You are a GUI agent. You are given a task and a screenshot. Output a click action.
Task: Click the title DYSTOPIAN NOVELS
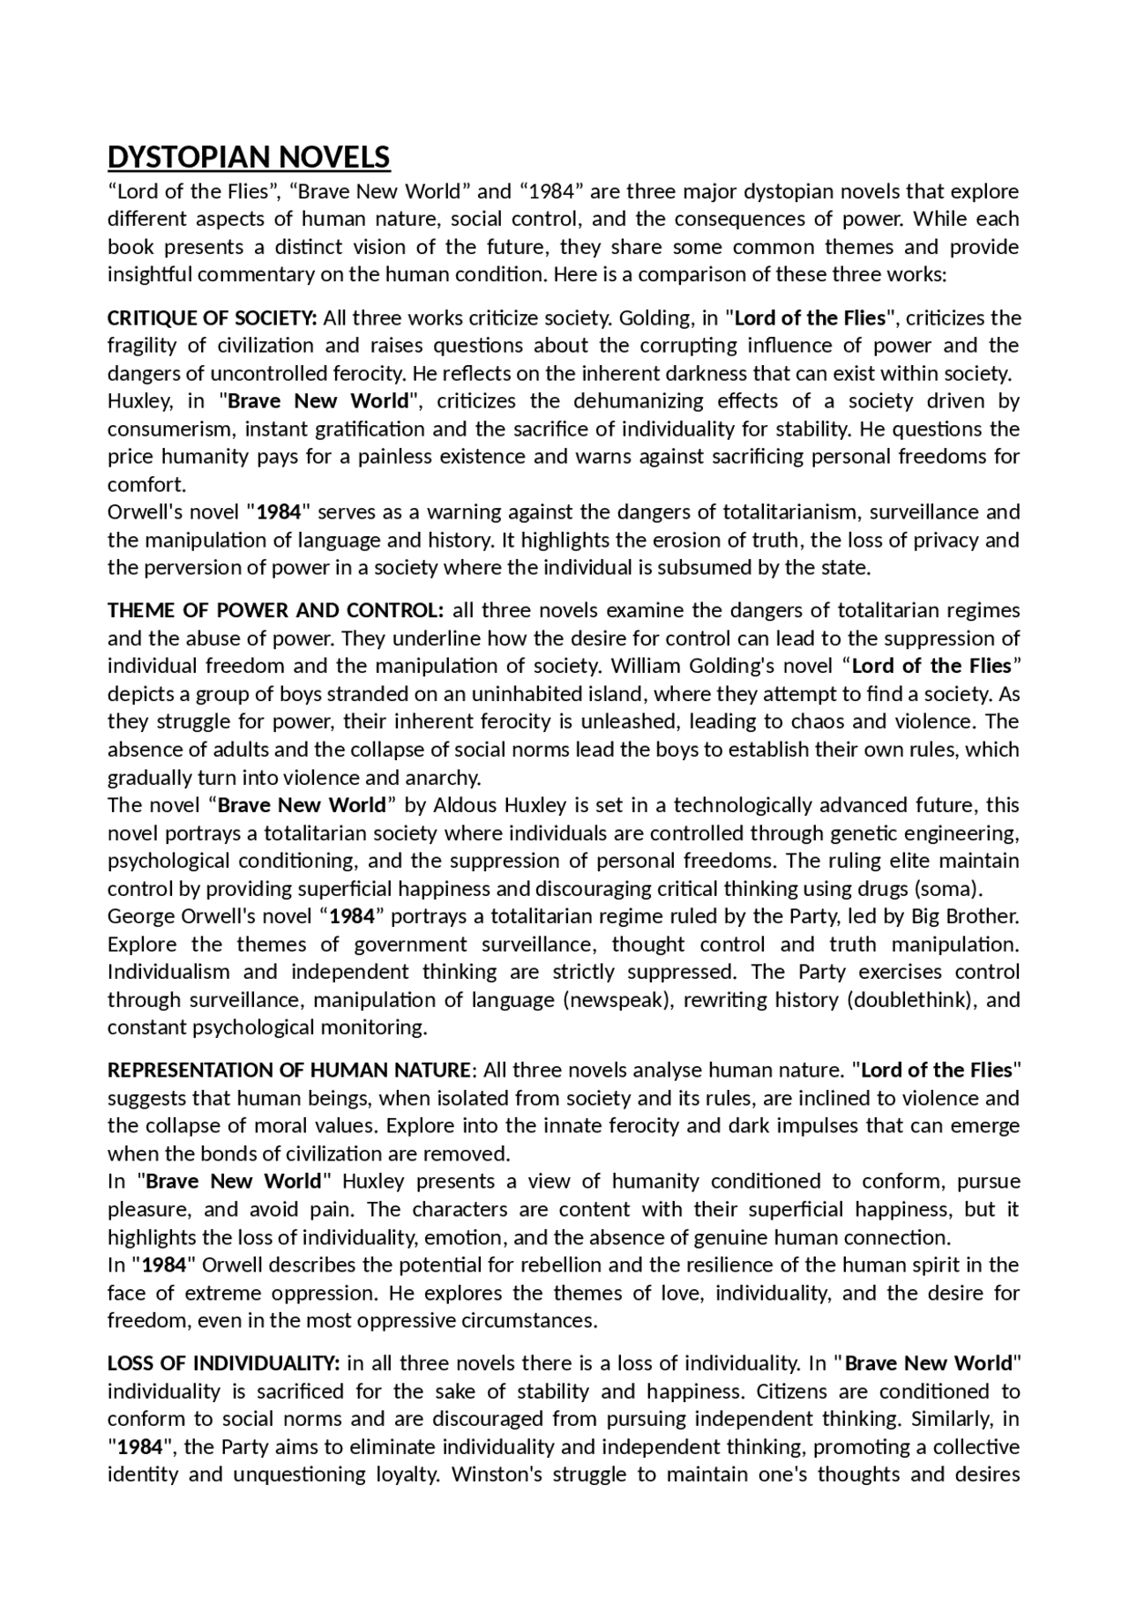click(x=249, y=157)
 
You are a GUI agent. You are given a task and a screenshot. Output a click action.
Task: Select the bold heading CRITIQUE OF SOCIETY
click(x=212, y=317)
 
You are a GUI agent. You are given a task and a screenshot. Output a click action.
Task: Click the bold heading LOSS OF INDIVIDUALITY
click(x=223, y=1363)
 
